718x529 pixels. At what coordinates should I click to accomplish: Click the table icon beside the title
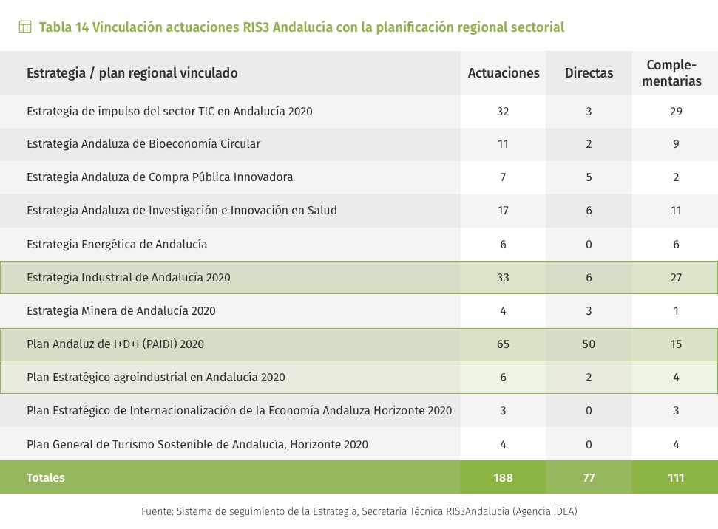pyautogui.click(x=25, y=27)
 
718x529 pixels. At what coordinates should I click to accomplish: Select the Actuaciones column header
pyautogui.click(x=504, y=73)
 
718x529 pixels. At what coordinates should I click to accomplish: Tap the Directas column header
pyautogui.click(x=589, y=73)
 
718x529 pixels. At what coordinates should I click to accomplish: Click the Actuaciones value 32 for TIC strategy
pyautogui.click(x=504, y=112)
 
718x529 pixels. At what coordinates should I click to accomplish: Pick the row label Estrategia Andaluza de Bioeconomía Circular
pyautogui.click(x=143, y=144)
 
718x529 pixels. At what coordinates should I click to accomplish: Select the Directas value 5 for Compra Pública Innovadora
pyautogui.click(x=589, y=177)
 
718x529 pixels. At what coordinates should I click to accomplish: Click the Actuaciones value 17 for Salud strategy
pyautogui.click(x=504, y=211)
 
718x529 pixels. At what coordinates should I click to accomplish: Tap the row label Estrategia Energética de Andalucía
pyautogui.click(x=117, y=244)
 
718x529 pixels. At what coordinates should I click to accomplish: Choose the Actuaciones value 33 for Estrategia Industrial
pyautogui.click(x=504, y=278)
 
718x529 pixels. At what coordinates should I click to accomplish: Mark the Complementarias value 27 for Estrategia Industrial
pyautogui.click(x=676, y=278)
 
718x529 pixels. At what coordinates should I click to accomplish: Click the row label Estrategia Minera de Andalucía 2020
pyautogui.click(x=121, y=311)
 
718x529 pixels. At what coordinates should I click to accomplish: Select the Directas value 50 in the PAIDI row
pyautogui.click(x=589, y=344)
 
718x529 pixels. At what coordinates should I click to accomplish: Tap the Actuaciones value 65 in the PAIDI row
pyautogui.click(x=504, y=344)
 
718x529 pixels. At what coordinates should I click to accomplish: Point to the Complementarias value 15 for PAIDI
pyautogui.click(x=676, y=344)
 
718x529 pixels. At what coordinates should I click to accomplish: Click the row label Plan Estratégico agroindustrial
pyautogui.click(x=156, y=378)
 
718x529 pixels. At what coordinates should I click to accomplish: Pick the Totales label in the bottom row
pyautogui.click(x=46, y=478)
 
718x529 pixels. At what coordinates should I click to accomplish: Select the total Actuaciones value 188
pyautogui.click(x=504, y=478)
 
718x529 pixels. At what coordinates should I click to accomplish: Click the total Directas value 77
pyautogui.click(x=589, y=478)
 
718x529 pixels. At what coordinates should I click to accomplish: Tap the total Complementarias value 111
pyautogui.click(x=676, y=478)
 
